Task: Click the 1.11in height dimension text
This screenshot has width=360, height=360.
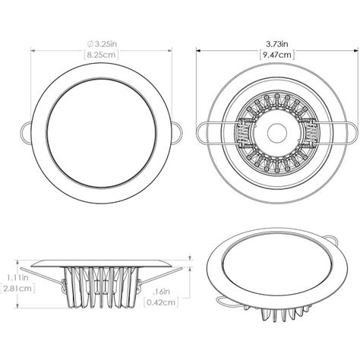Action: [x=9, y=277]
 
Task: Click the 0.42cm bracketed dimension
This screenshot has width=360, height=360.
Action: [x=162, y=303]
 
